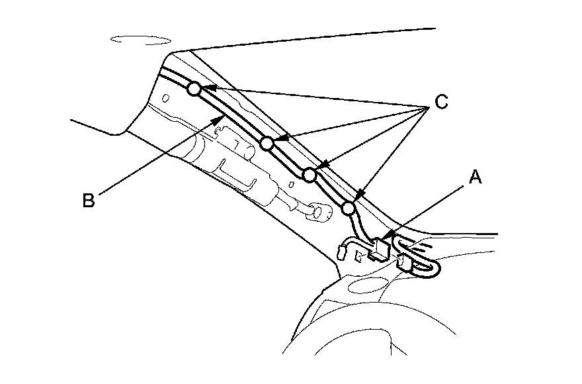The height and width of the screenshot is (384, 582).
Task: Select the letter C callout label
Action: pyautogui.click(x=441, y=102)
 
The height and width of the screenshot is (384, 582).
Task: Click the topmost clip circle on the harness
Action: pyautogui.click(x=194, y=89)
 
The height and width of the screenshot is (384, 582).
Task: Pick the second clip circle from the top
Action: pyautogui.click(x=267, y=143)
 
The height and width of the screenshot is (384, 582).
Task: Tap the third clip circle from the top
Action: pyautogui.click(x=308, y=174)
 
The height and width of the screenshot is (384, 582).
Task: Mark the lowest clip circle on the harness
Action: pyautogui.click(x=349, y=209)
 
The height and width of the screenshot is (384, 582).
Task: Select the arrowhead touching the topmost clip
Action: pyautogui.click(x=206, y=88)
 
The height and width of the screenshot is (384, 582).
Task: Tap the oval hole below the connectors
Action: pyautogui.click(x=368, y=285)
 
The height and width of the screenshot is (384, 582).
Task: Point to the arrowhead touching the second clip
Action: pyautogui.click(x=278, y=139)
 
